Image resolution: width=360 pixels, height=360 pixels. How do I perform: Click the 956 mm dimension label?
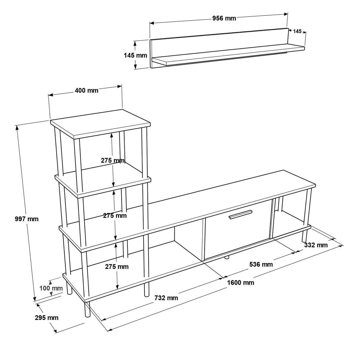224,18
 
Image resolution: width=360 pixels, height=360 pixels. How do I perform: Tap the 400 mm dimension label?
86,90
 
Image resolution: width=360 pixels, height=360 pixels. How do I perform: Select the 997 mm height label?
27,219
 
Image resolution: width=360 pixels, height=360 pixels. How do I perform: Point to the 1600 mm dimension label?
240,283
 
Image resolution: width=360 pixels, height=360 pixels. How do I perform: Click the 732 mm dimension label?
166,298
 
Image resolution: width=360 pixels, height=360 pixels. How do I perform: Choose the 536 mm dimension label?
261,264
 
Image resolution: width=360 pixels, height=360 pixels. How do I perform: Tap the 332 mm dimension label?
316,245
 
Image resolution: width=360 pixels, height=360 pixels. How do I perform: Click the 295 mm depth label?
47,318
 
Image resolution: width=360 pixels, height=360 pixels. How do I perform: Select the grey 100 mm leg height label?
51,288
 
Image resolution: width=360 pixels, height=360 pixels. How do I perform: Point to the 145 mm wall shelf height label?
135,55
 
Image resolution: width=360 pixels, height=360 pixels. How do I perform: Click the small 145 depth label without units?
297,31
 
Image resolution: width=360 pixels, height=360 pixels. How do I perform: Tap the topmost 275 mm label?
112,161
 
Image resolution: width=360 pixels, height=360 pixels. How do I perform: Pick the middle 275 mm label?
115,216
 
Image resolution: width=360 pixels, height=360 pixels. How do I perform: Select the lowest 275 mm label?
117,267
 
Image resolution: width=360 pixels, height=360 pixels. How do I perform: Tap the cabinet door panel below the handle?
237,237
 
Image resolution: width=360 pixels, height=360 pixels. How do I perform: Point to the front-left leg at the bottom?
87,309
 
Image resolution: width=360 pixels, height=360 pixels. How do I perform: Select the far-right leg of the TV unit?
305,235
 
